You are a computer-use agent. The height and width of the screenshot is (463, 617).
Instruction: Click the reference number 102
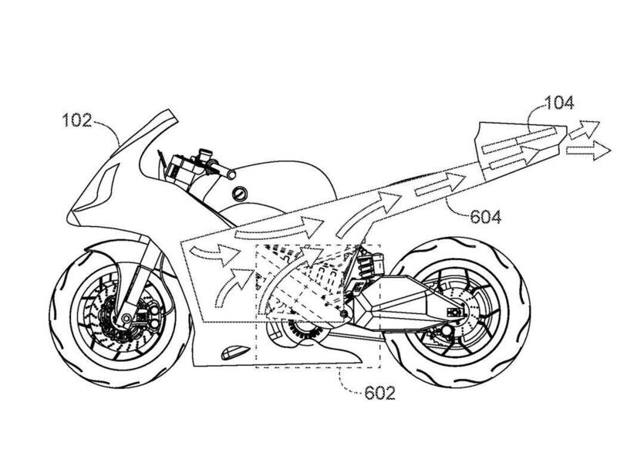point(79,120)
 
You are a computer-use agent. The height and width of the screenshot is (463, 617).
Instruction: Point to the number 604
point(484,217)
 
